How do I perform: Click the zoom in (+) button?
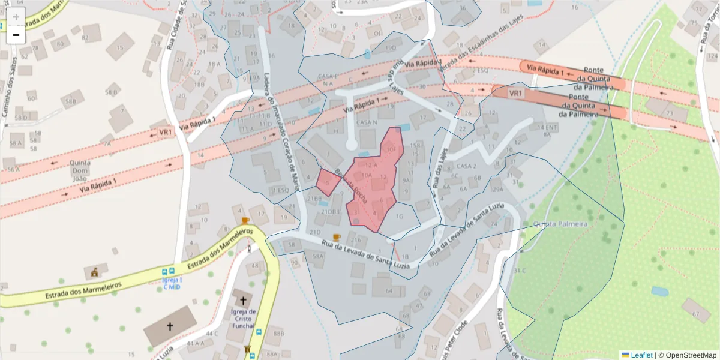(x=16, y=16)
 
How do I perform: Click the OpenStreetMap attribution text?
(x=691, y=355)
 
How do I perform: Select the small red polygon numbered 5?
(x=328, y=182)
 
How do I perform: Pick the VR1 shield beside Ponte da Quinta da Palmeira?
(x=516, y=94)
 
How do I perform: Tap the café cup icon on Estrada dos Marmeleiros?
(x=245, y=220)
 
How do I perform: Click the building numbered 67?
(x=696, y=314)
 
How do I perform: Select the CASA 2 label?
(x=466, y=166)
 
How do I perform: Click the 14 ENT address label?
(x=548, y=127)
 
